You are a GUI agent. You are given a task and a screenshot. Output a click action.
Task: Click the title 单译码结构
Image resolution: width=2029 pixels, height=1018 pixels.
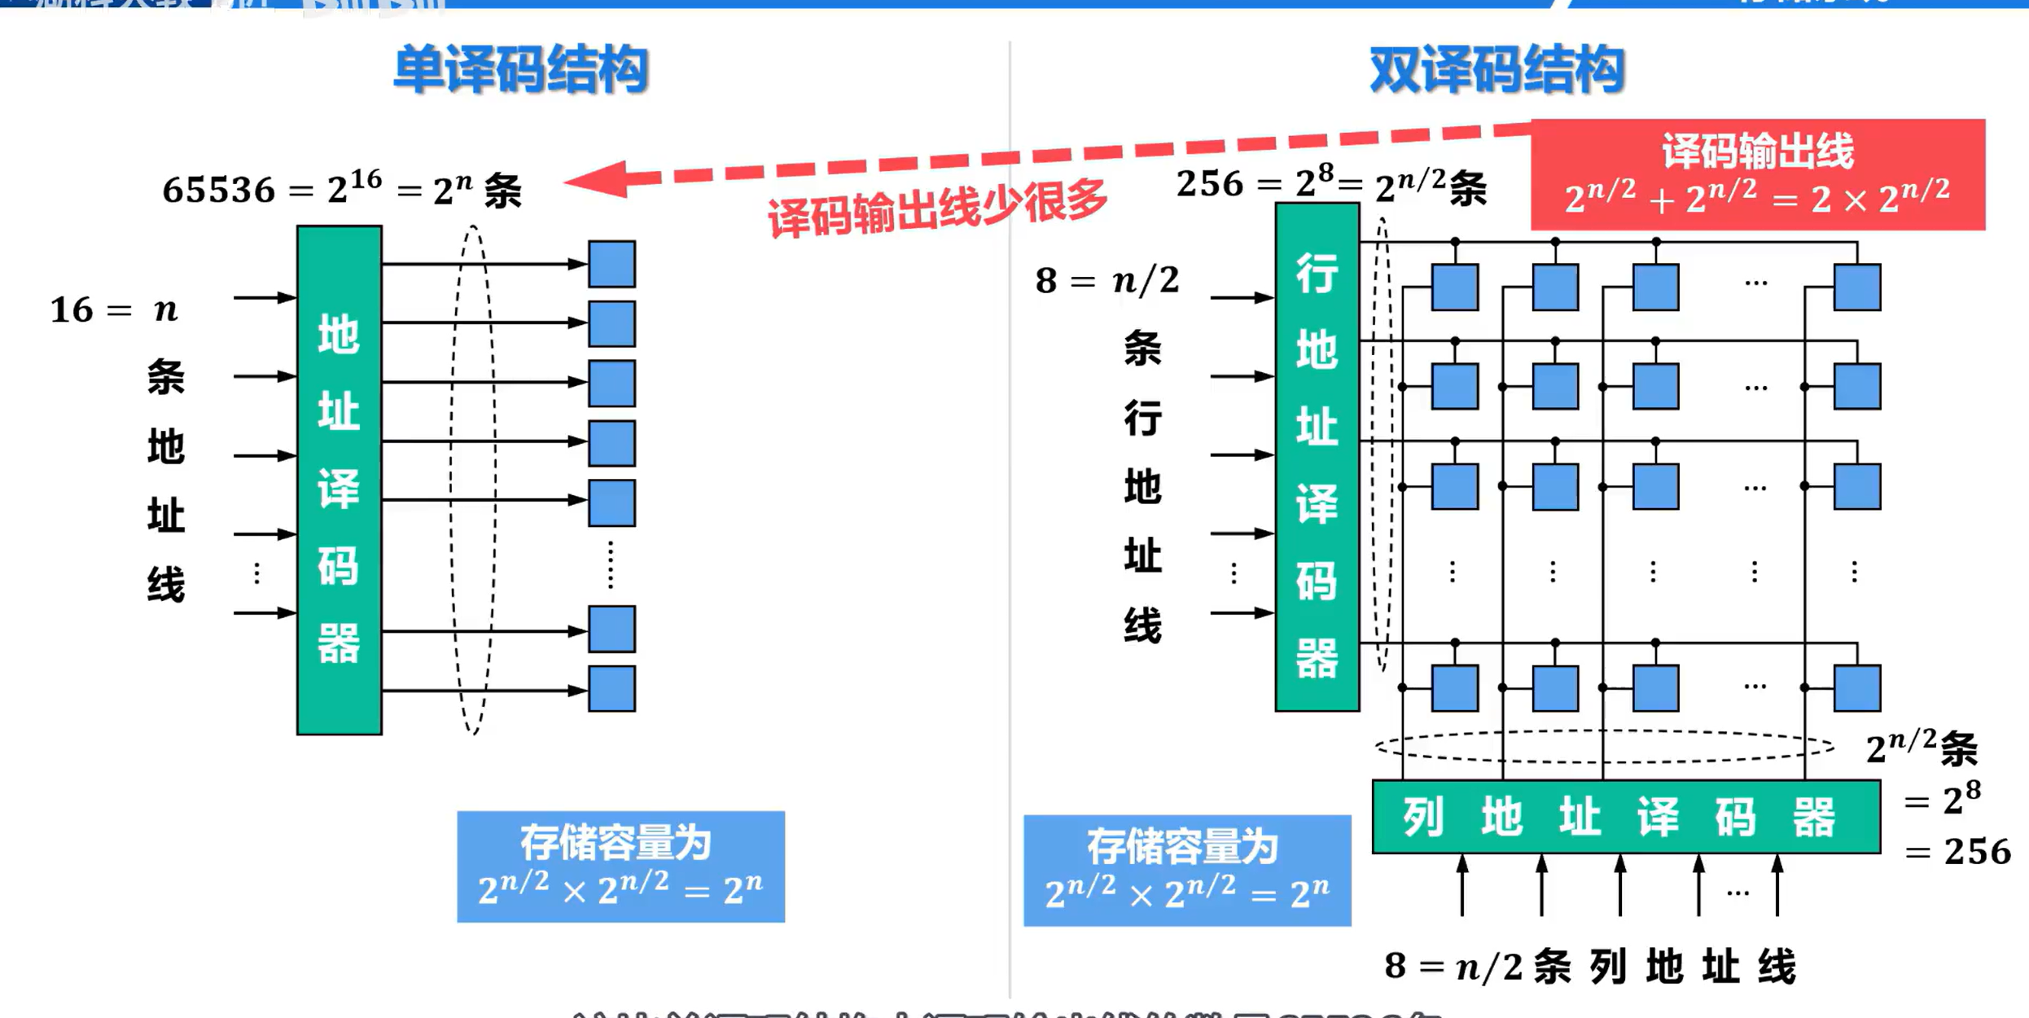click(520, 70)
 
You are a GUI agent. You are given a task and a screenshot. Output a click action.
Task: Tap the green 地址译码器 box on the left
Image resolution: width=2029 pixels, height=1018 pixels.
click(339, 480)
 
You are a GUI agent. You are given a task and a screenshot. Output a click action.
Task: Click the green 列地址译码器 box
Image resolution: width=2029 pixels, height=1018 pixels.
click(1626, 817)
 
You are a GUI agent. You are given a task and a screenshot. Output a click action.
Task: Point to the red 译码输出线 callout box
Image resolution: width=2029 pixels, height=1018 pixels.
click(1757, 174)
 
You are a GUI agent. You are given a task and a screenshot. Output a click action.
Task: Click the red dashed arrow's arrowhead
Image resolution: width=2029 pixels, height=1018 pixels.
click(598, 179)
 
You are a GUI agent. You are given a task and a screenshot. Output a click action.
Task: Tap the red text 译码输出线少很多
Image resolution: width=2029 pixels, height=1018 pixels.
click(936, 207)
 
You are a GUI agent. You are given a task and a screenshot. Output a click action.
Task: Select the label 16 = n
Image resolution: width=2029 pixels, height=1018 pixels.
click(114, 310)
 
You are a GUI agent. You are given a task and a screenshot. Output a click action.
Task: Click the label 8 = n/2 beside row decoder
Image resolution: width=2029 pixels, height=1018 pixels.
click(1107, 281)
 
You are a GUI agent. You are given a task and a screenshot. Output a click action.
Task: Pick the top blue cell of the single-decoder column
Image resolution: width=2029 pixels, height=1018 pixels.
click(611, 264)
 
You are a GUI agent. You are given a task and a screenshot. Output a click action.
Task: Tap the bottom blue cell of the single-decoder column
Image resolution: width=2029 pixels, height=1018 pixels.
click(611, 689)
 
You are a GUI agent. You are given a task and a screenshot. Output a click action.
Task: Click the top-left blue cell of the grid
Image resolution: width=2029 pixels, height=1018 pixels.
click(1454, 287)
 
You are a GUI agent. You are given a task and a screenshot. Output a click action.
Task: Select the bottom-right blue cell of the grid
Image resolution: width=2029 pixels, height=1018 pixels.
click(1856, 688)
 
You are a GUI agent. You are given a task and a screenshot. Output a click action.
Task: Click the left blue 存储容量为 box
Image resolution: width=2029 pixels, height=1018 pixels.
click(620, 867)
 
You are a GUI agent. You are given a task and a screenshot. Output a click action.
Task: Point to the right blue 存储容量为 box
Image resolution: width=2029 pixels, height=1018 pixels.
click(1186, 870)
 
